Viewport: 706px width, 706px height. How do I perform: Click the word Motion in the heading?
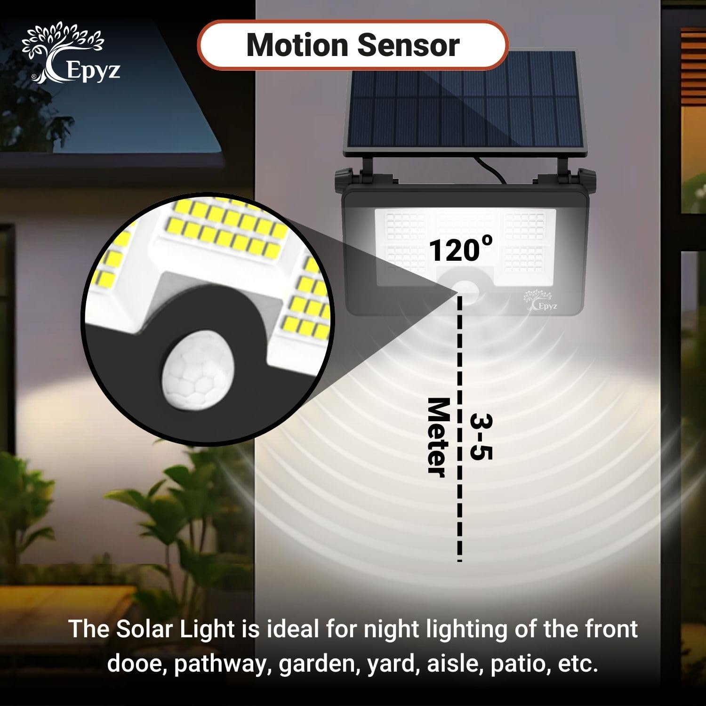point(297,45)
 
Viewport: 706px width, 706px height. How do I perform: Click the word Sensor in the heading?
point(408,45)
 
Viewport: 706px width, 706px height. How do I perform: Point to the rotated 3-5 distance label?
point(481,437)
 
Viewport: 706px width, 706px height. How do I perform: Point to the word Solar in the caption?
point(149,629)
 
